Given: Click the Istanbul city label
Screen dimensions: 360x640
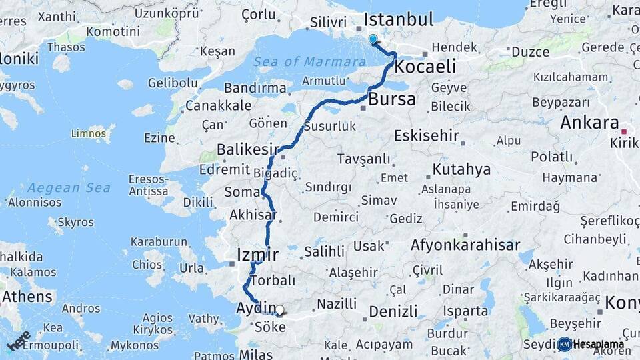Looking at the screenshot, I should click(398, 19).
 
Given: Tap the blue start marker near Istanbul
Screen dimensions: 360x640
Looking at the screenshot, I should click(373, 39).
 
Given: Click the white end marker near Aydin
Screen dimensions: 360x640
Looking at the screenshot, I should click(279, 310).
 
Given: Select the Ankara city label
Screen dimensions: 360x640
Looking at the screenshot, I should click(589, 123).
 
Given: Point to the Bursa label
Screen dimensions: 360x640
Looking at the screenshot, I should click(392, 100).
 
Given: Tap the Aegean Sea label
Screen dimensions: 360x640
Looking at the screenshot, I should click(69, 188).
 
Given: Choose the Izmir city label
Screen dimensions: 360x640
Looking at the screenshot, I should click(257, 254).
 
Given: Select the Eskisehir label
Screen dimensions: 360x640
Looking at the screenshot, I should click(427, 136).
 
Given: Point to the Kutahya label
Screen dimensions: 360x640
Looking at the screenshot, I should click(461, 169).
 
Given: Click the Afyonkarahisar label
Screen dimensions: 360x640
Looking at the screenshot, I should click(465, 245).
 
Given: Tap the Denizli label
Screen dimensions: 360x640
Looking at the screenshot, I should click(393, 311).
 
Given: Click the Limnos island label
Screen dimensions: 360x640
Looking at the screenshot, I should click(89, 134).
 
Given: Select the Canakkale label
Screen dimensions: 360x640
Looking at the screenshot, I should click(219, 105).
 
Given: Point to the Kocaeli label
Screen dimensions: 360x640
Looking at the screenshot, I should click(425, 67).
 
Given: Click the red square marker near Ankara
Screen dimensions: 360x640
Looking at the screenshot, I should click(624, 131).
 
